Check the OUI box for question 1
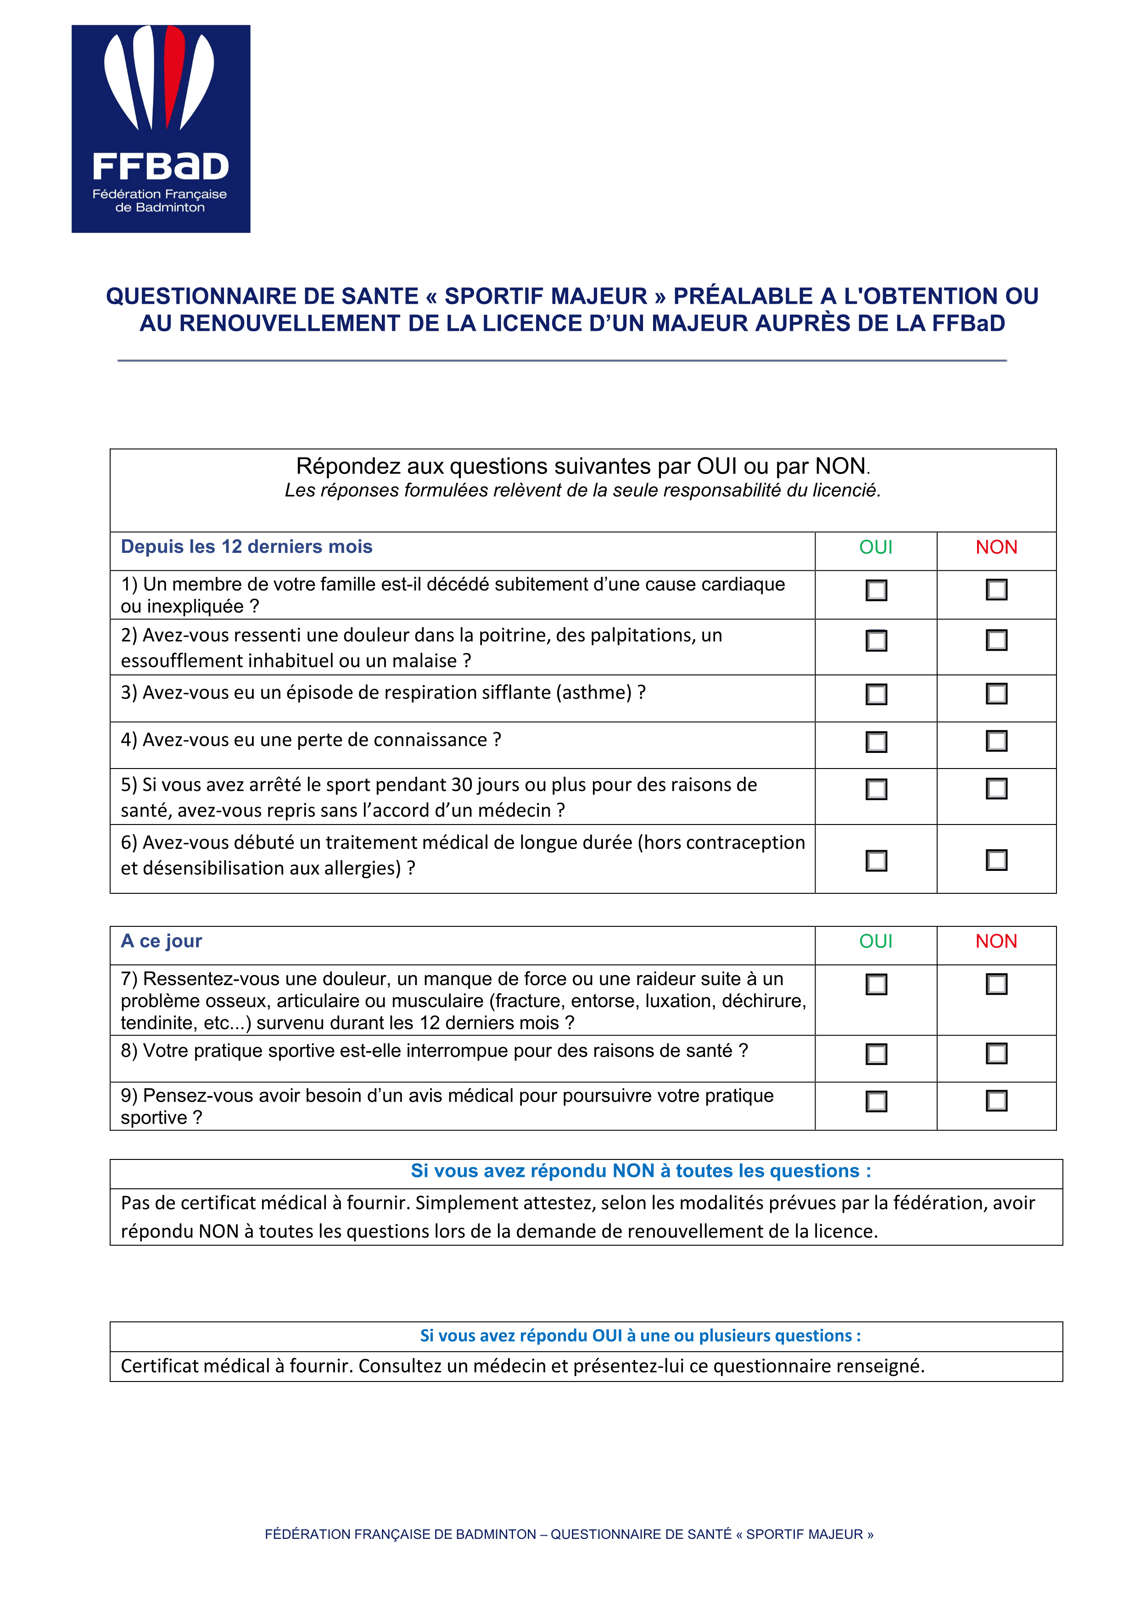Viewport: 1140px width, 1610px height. tap(876, 590)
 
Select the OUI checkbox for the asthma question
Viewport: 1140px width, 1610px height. tap(876, 694)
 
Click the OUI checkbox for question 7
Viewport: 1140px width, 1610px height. tap(876, 985)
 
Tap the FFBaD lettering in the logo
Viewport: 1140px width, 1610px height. tap(161, 167)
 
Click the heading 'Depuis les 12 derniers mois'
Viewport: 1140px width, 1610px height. tap(246, 547)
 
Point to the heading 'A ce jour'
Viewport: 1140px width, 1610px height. tap(162, 941)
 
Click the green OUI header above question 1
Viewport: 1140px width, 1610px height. tap(875, 547)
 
